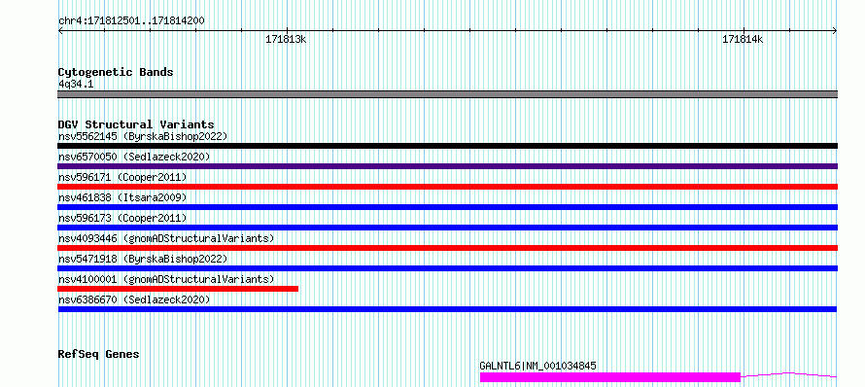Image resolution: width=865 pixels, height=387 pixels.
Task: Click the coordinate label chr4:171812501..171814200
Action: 131,21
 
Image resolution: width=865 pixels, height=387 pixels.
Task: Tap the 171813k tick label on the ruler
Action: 286,39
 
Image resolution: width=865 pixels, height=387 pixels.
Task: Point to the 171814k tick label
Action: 743,39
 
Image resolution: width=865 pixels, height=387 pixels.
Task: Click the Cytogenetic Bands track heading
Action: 116,72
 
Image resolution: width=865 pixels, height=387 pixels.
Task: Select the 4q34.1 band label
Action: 75,84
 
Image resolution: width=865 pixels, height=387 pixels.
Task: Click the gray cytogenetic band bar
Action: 447,94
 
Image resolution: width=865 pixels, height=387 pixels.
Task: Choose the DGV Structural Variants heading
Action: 136,124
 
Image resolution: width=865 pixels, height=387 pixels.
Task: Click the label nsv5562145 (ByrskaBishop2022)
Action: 143,136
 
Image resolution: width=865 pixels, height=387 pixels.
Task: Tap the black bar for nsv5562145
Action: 447,146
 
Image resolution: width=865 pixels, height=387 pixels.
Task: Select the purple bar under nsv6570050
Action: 447,166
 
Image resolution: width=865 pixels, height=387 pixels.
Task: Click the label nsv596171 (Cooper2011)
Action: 122,177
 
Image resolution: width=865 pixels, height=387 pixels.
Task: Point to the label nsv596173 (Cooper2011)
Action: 122,218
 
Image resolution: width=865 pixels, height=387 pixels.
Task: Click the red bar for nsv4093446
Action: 447,248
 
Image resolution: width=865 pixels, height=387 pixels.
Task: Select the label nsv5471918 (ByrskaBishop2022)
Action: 143,259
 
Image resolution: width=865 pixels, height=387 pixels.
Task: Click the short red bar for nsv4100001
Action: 178,289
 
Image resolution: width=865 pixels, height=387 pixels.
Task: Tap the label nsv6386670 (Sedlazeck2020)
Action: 134,299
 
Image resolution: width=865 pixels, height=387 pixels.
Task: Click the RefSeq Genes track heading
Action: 99,354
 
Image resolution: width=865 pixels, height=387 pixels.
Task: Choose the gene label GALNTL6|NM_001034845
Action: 537,366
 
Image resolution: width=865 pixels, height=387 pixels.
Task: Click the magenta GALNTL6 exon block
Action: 610,377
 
